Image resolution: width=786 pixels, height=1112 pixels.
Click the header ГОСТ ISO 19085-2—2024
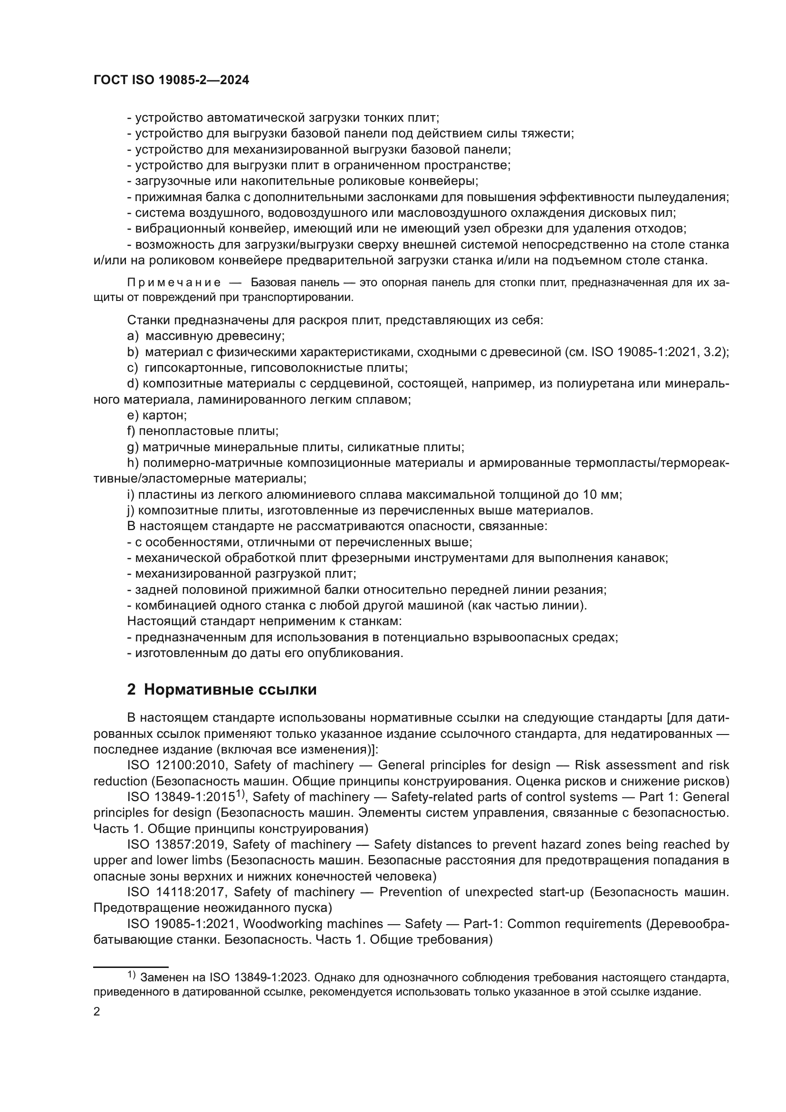[171, 80]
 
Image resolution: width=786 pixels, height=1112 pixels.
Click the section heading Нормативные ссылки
[230, 689]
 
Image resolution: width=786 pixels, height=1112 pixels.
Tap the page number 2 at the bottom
[97, 1012]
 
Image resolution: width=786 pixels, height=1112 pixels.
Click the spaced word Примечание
[174, 282]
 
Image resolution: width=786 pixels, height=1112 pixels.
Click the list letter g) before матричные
[133, 447]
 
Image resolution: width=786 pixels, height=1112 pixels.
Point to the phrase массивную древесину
[215, 336]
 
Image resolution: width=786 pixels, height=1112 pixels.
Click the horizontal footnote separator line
[131, 967]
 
